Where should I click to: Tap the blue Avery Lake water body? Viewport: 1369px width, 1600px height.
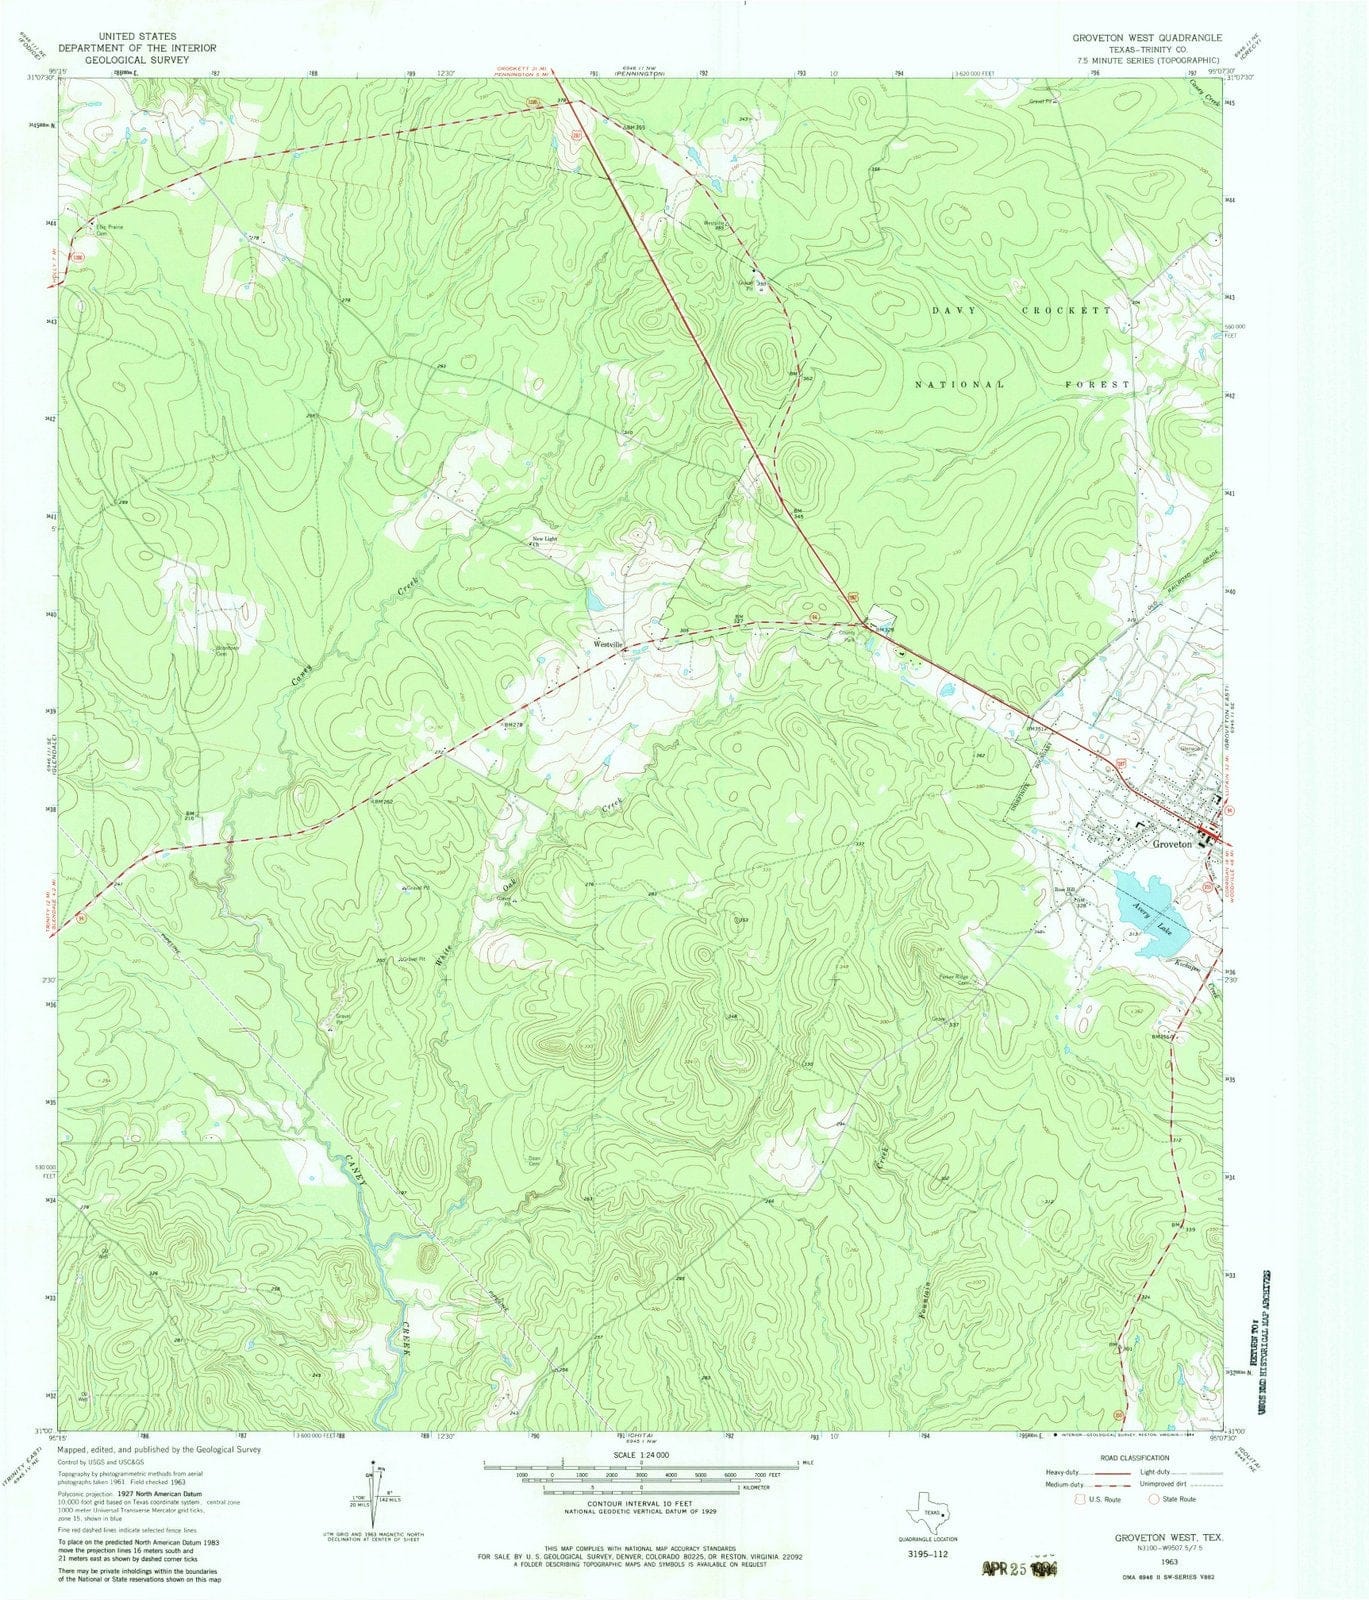(x=1150, y=910)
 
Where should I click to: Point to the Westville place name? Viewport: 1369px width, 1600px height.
(x=609, y=645)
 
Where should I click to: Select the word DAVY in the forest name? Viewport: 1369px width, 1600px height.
(x=952, y=311)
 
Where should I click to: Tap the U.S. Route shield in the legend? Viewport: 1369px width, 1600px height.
(x=1078, y=1498)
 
